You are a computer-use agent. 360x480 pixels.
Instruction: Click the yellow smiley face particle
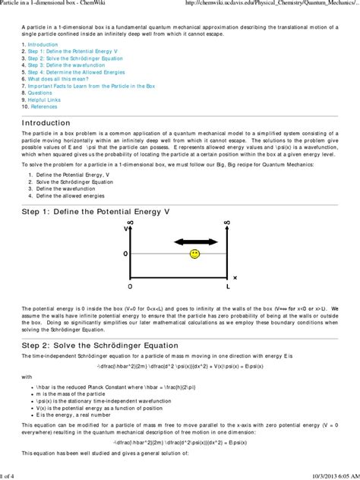click(x=194, y=254)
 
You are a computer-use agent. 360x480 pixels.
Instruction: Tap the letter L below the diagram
click(x=226, y=287)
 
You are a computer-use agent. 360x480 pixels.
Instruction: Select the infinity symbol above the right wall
click(x=226, y=222)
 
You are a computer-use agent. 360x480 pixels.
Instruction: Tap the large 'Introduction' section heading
click(x=46, y=122)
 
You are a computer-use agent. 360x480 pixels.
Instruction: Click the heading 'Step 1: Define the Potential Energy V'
click(x=96, y=210)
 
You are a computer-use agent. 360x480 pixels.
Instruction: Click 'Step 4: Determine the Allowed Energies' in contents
click(x=73, y=71)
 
